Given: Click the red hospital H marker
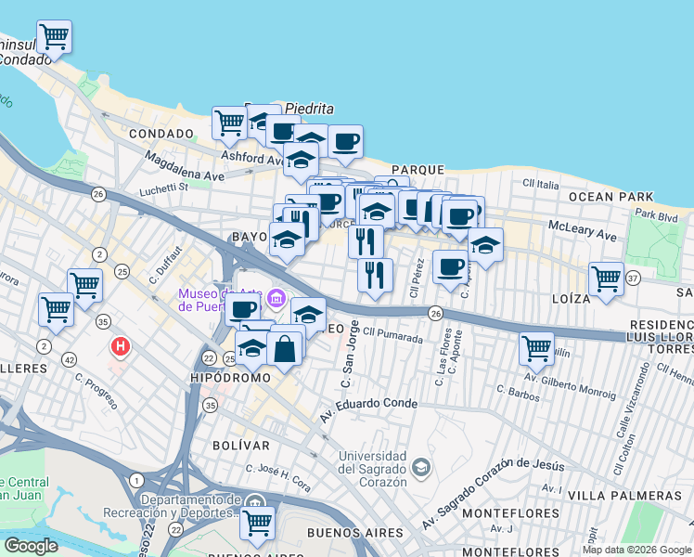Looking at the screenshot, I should pos(120,348).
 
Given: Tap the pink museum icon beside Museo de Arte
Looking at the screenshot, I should pos(276,300).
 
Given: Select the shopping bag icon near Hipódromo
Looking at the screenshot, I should pos(285,349).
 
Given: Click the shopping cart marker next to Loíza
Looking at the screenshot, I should pos(606,278).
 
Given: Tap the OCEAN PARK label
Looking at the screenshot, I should pos(604,197).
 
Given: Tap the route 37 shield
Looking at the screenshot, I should pos(633,278).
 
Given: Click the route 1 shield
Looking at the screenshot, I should pos(136,480).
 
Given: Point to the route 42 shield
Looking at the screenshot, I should pos(70,358).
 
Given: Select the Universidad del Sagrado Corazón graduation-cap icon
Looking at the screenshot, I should pos(421,465).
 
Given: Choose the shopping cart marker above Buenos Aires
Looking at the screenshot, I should pos(257,522).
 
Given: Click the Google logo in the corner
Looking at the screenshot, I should pos(30,546).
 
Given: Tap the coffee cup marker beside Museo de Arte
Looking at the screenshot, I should pos(242,309).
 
